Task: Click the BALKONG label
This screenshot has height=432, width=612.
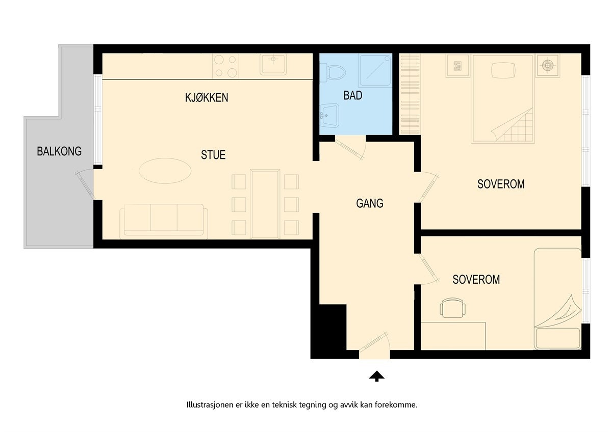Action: click(x=59, y=151)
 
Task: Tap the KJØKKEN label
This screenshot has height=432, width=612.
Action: click(x=207, y=97)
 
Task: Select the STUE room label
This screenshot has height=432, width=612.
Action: click(x=213, y=155)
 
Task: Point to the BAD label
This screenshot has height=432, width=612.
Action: click(x=353, y=95)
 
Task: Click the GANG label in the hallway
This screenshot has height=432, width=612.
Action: click(x=370, y=204)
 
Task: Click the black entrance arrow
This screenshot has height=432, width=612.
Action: click(x=377, y=376)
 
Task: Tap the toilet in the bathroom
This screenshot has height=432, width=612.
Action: click(x=335, y=71)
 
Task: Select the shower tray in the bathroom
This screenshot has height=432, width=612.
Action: click(x=375, y=70)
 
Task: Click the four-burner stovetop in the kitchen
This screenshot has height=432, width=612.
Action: click(x=226, y=66)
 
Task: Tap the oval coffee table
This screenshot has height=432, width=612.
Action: click(x=165, y=170)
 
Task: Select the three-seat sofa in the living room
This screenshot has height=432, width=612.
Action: click(x=164, y=221)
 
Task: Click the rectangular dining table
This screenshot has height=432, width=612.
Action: click(x=265, y=204)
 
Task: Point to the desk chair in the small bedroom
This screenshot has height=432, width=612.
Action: click(x=453, y=308)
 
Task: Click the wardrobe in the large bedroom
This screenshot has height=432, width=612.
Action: click(x=409, y=94)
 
